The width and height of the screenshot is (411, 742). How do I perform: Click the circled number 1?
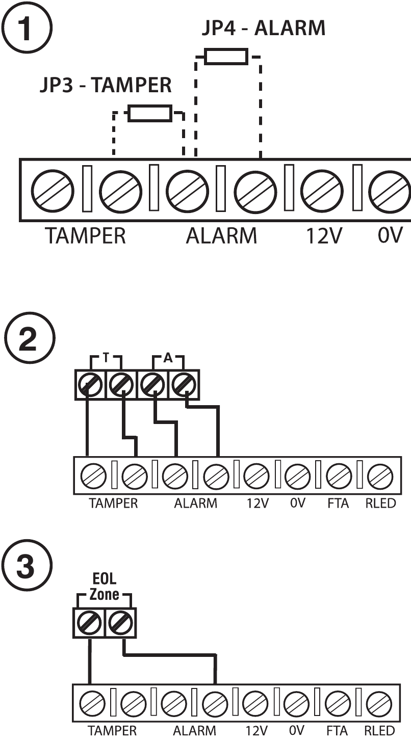27,28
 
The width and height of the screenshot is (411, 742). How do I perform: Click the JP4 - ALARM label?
263,28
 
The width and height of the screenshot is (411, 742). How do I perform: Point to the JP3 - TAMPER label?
106,86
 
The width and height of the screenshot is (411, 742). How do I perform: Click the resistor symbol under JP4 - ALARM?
226,57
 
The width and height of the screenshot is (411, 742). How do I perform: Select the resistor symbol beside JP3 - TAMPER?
149,113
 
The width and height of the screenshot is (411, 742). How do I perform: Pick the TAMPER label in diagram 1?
85,236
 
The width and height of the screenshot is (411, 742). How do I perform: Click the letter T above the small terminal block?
106,358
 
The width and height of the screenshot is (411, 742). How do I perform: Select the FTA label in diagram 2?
338,503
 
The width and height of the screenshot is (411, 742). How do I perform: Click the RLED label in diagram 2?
380,503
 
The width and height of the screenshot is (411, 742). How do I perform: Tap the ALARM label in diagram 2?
195,503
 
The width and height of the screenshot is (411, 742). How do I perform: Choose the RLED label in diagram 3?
379,731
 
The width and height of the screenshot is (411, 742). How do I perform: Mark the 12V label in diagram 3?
256,731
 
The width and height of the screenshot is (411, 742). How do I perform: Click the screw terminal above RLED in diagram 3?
379,704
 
